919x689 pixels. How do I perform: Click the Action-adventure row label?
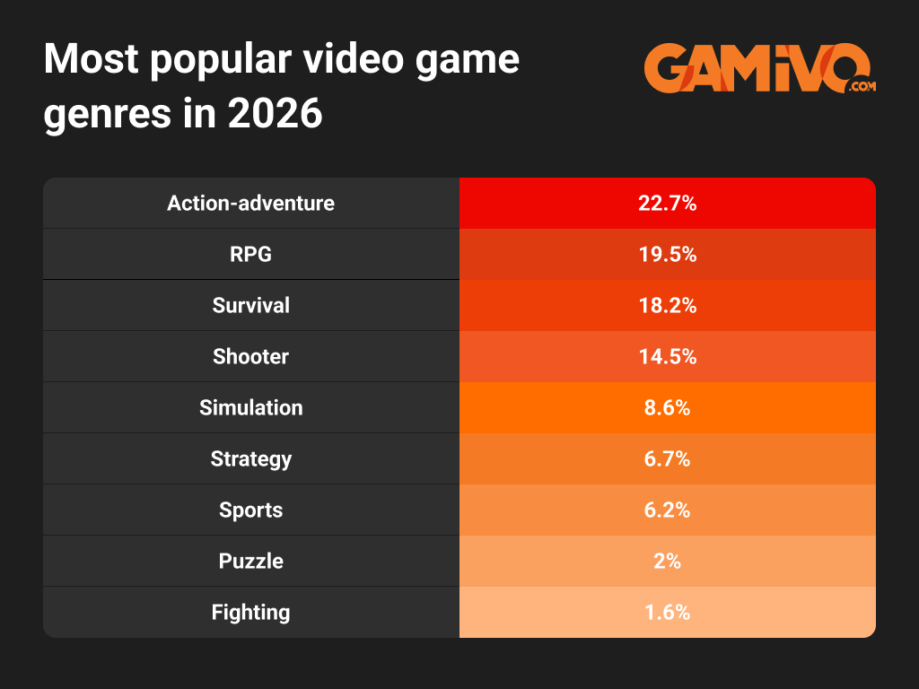250,203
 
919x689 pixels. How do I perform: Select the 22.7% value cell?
667,203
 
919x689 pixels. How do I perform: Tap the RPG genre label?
250,254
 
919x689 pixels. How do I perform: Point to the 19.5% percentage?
667,254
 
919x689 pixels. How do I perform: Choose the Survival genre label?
250,305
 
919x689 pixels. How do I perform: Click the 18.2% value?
667,305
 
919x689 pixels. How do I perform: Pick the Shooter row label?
250,356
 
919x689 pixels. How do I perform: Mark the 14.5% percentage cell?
667,356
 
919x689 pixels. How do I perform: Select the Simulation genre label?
250,407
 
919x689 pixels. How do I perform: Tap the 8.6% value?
667,407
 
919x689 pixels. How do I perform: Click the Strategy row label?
250,458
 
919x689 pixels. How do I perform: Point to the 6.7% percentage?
667,458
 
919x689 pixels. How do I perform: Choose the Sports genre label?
250,510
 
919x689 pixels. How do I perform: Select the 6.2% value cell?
667,510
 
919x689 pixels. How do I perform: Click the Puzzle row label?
250,561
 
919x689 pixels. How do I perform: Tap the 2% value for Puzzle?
667,561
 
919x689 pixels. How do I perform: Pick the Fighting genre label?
250,612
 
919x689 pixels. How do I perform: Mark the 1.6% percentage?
667,612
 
